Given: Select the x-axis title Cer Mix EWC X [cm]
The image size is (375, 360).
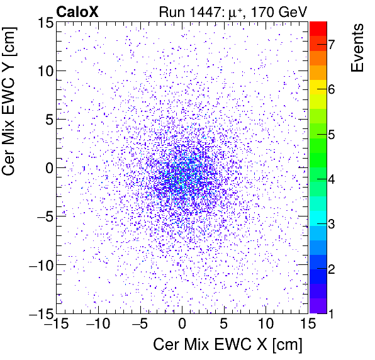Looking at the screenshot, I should (228, 345).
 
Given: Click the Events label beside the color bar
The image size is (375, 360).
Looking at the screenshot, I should (358, 48).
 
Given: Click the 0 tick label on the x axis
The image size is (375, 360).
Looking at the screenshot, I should (182, 325).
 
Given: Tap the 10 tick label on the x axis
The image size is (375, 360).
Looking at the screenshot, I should (266, 325).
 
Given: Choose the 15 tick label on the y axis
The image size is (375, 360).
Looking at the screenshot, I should (43, 23).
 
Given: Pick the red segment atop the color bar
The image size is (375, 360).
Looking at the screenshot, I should (318, 27).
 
